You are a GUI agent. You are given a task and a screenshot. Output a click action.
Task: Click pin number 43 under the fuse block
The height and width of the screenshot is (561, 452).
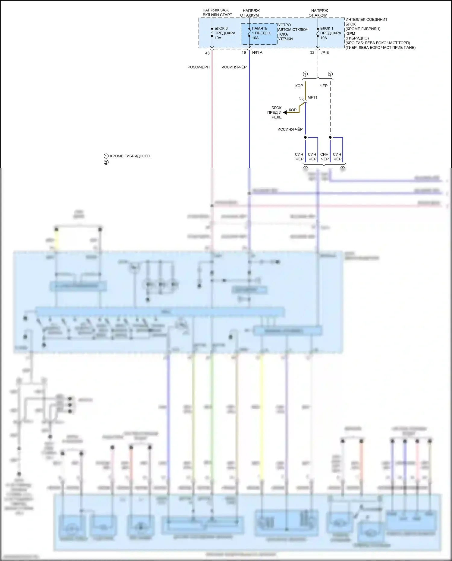(x=207, y=53)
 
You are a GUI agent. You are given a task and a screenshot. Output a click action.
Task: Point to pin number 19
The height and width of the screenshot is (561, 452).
(x=244, y=52)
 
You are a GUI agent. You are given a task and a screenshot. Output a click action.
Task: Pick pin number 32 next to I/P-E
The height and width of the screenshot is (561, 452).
(x=312, y=52)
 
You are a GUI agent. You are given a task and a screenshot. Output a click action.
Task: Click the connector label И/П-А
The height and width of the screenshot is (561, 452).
(x=257, y=52)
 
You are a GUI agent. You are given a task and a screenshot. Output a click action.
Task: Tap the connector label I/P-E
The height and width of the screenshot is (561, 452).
(x=325, y=52)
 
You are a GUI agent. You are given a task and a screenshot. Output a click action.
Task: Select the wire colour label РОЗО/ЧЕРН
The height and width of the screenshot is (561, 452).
(x=198, y=67)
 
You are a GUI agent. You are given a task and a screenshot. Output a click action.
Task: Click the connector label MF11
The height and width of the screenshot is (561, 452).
(x=312, y=97)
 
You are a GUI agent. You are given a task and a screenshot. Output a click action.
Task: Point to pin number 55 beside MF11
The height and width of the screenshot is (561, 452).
(x=301, y=98)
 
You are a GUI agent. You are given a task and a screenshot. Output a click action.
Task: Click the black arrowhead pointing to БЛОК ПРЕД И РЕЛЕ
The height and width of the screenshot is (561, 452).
(x=285, y=112)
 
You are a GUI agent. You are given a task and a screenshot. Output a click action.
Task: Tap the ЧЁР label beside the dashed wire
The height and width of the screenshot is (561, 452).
(x=324, y=86)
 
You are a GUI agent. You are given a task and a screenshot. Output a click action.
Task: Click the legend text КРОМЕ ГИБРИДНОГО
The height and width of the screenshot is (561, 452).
(x=130, y=156)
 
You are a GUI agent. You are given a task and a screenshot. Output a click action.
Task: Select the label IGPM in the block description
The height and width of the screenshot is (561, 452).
(x=350, y=33)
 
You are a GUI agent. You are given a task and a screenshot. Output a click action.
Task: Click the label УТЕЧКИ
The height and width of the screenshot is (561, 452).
(x=285, y=39)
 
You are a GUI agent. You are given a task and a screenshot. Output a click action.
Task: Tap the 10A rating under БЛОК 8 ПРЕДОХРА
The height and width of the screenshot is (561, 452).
(x=218, y=38)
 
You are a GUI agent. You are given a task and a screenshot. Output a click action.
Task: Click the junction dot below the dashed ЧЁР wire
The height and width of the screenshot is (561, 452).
(x=330, y=137)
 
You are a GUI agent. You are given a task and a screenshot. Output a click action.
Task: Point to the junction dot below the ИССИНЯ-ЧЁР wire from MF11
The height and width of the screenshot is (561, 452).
(x=305, y=137)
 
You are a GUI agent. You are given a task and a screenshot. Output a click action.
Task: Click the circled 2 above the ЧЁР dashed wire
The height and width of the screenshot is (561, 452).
(x=330, y=74)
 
